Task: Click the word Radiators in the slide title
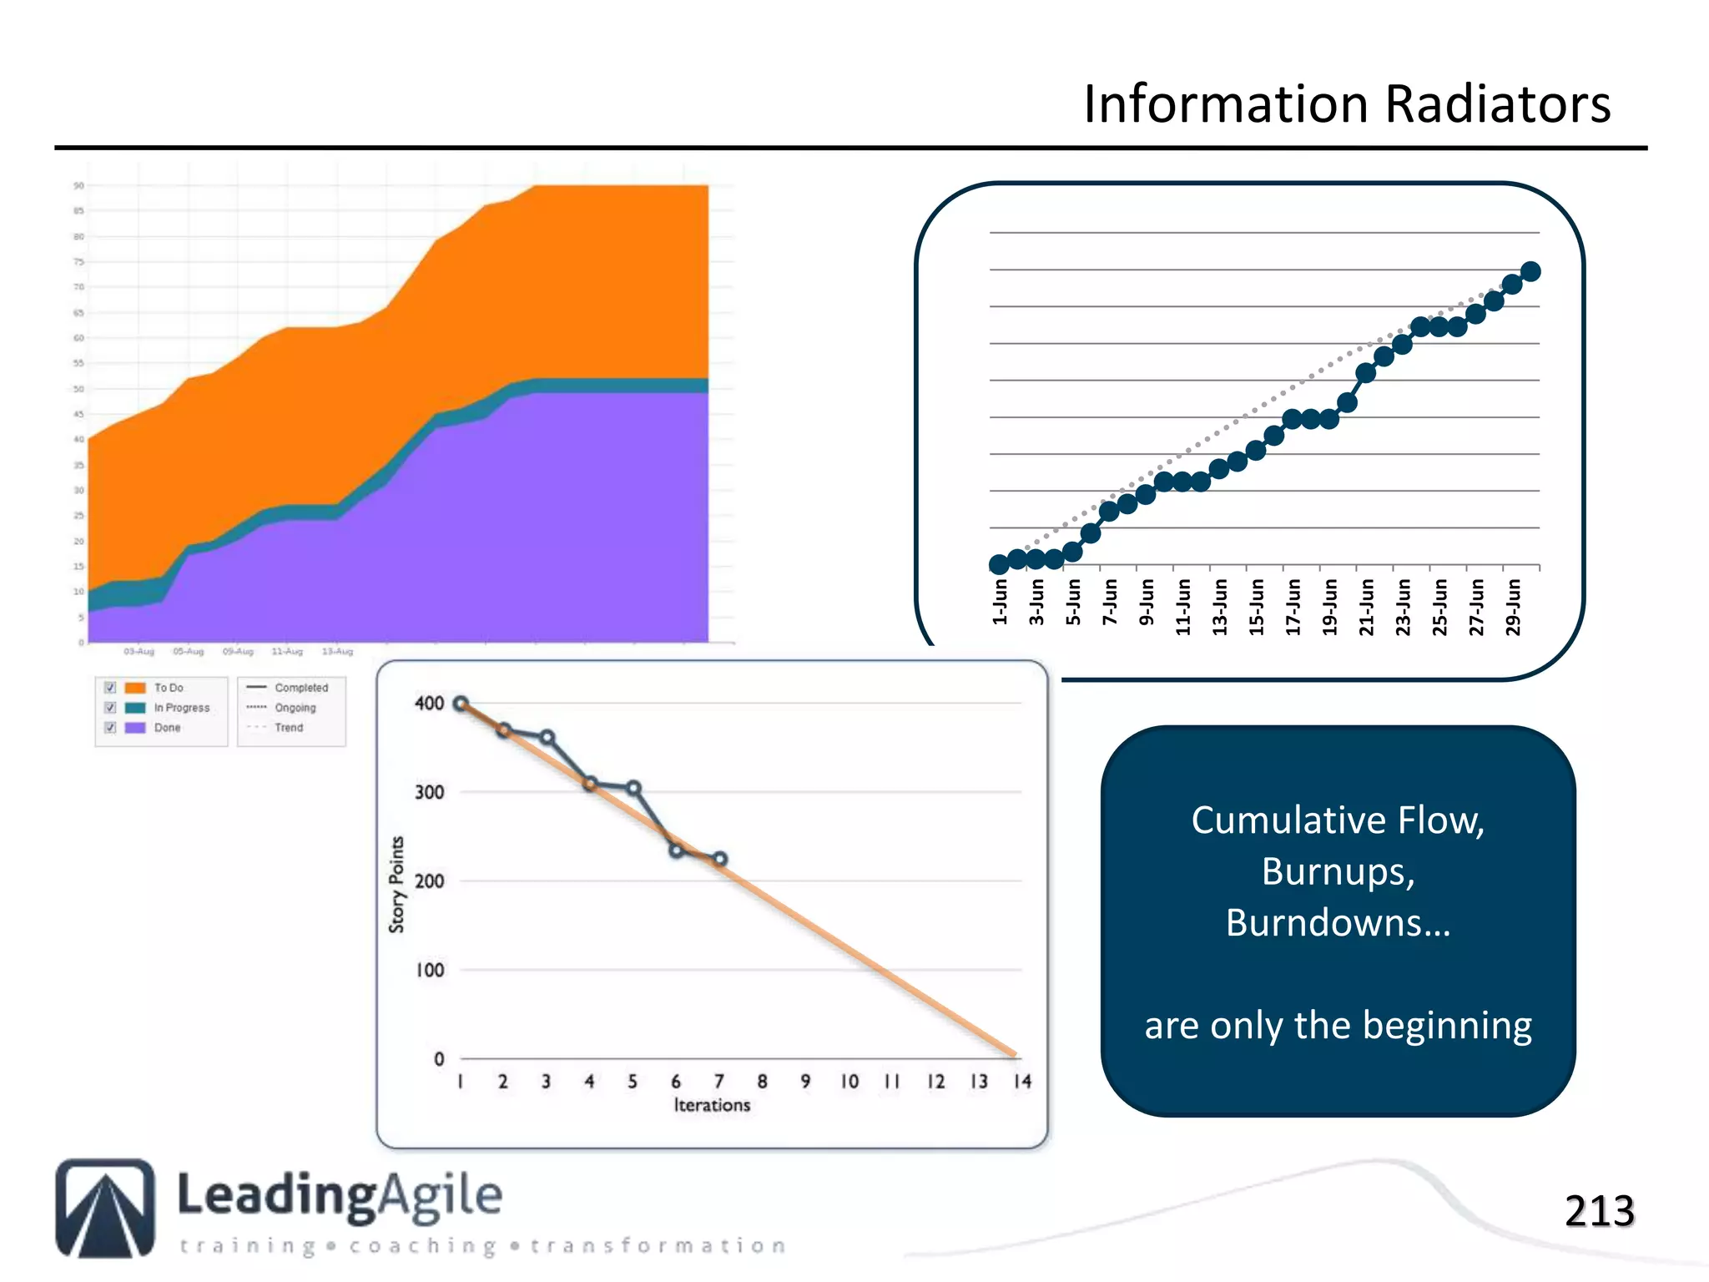tap(1498, 104)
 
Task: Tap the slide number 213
tap(1599, 1211)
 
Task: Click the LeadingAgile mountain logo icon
tap(105, 1208)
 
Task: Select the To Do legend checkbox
tap(110, 688)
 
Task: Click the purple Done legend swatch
tap(135, 728)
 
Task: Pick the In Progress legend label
tap(182, 708)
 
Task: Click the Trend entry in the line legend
tap(289, 728)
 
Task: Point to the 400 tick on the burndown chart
tap(429, 704)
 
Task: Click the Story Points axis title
tap(396, 884)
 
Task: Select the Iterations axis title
tap(712, 1105)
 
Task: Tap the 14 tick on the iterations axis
tap(1022, 1082)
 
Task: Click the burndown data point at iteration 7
tap(720, 859)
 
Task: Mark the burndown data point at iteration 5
tap(633, 788)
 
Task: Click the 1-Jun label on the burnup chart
tap(1000, 602)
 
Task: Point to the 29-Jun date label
tap(1513, 607)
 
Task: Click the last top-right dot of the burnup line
tap(1530, 271)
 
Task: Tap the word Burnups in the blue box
tap(1338, 871)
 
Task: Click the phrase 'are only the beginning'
tap(1338, 1025)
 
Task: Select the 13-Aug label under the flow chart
tap(337, 651)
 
